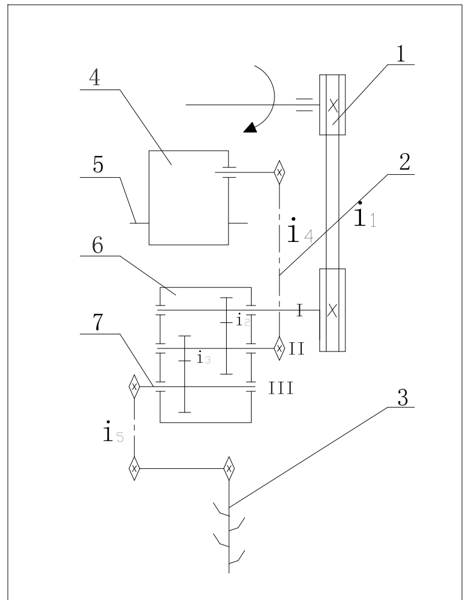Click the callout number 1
400,54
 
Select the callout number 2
405,162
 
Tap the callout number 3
403,397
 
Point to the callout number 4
95,77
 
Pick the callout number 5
98,165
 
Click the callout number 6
97,246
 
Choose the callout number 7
98,322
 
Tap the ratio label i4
300,230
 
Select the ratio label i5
114,432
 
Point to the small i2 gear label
243,320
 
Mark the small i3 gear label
203,358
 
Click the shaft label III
281,388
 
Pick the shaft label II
297,349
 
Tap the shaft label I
300,310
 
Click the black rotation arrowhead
250,128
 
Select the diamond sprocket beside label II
279,348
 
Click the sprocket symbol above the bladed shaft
229,468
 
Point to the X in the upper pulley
333,106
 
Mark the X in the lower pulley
333,310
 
